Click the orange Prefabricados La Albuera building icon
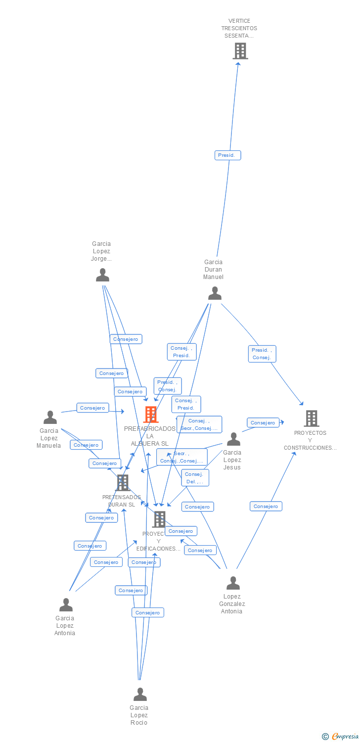[x=150, y=414]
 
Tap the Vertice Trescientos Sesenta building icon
[x=240, y=51]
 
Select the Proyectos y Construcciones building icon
[x=311, y=418]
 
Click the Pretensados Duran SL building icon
[x=122, y=482]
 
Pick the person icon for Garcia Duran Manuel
[x=215, y=293]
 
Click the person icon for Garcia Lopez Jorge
[x=102, y=275]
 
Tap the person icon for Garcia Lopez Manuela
[x=50, y=417]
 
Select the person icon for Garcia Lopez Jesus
[x=233, y=439]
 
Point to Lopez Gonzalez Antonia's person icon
[x=233, y=583]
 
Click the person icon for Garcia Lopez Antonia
[x=66, y=604]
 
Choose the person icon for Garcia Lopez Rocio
[x=140, y=695]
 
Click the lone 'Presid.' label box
[x=227, y=155]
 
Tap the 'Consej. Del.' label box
[x=195, y=478]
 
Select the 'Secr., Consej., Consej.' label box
[x=181, y=457]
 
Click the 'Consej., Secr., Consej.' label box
[x=199, y=424]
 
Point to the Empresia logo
[x=345, y=737]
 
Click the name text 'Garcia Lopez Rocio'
[x=139, y=715]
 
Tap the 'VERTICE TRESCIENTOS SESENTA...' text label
[x=239, y=28]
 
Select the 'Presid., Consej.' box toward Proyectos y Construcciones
[x=262, y=354]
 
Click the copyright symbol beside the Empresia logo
[x=325, y=737]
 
